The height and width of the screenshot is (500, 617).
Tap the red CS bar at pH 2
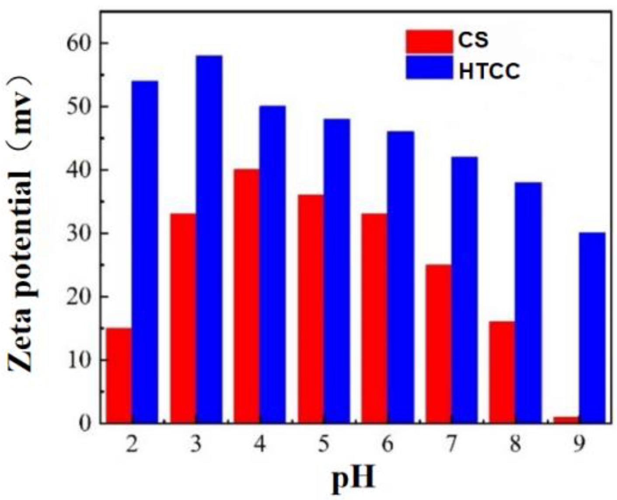pyautogui.click(x=119, y=375)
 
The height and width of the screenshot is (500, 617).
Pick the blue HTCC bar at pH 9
pyautogui.click(x=592, y=328)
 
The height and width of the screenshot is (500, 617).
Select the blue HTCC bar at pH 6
pyautogui.click(x=401, y=277)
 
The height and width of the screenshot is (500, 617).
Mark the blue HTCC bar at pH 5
pyautogui.click(x=337, y=271)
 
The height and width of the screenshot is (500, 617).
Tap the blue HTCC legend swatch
pyautogui.click(x=429, y=68)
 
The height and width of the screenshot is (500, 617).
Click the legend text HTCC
pyautogui.click(x=489, y=71)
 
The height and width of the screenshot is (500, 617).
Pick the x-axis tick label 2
pyautogui.click(x=132, y=445)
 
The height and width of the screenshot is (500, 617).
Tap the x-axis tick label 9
pyautogui.click(x=579, y=445)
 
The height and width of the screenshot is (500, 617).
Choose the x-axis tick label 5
pyautogui.click(x=324, y=445)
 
